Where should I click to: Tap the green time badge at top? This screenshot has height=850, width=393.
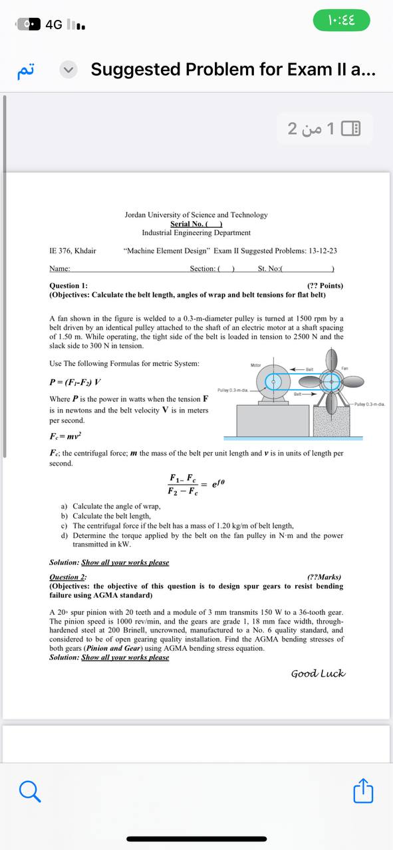(x=341, y=20)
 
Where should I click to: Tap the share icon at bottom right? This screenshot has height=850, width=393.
(x=363, y=791)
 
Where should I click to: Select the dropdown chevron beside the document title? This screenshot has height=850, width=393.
(x=69, y=69)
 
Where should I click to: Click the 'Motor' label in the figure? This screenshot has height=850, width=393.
(x=256, y=365)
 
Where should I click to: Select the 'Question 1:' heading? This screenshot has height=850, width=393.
(x=68, y=286)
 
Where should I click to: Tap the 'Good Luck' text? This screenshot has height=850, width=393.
(x=318, y=673)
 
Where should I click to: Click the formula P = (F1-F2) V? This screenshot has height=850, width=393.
(x=76, y=382)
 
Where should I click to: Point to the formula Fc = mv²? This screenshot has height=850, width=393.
(x=65, y=437)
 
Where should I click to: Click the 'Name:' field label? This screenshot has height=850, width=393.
(x=60, y=268)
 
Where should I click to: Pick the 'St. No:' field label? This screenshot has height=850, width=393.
(x=269, y=268)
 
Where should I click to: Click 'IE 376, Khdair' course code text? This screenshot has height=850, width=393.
(x=72, y=250)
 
